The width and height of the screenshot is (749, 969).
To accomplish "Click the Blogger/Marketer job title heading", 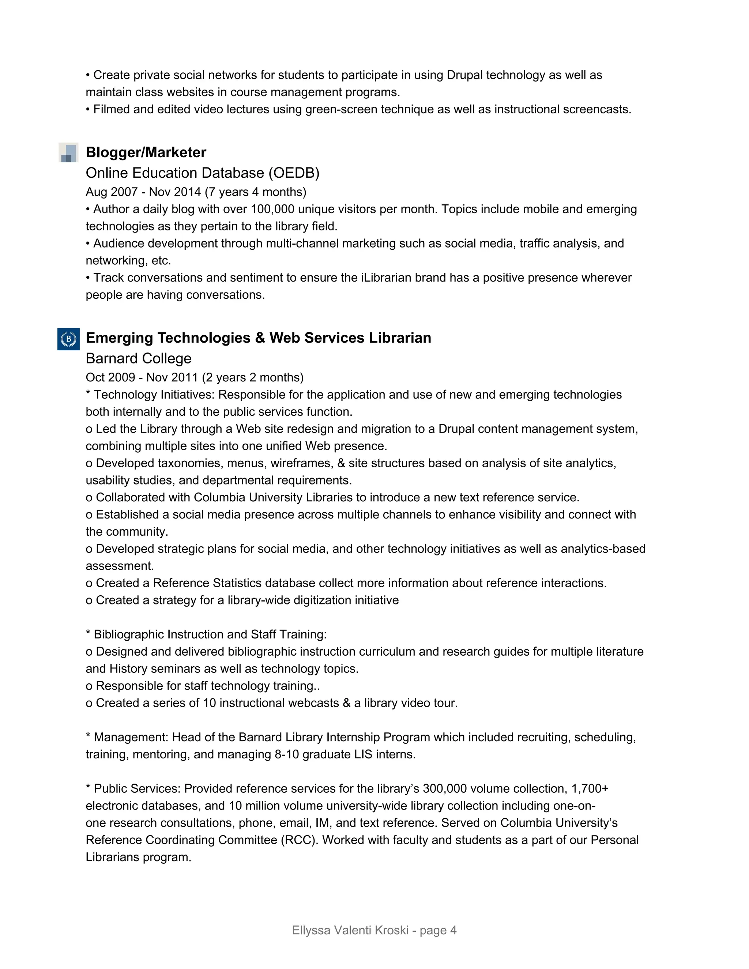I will click(x=146, y=152).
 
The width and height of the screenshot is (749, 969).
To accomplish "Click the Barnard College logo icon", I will click(x=68, y=339).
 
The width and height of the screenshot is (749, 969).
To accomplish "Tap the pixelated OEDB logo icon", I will click(x=68, y=152).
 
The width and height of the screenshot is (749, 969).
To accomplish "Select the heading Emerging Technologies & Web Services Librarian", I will click(x=258, y=338).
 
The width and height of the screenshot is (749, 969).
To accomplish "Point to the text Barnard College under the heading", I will click(x=139, y=358).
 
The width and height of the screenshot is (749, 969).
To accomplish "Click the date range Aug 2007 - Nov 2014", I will click(x=143, y=192).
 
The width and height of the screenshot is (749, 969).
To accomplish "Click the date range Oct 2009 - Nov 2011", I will click(x=142, y=377).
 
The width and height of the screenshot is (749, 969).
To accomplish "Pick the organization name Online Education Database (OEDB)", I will click(x=202, y=173).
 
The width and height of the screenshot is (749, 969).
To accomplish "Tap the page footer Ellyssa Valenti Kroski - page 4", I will click(x=374, y=930).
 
